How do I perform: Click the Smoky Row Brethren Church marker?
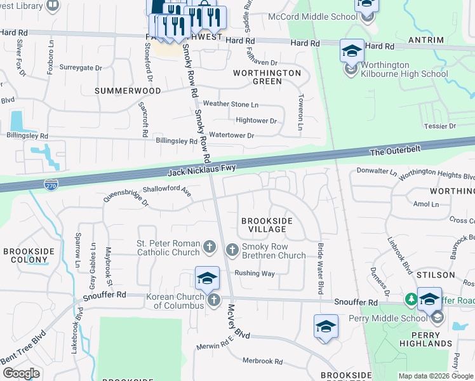[232, 250]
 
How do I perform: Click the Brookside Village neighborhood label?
[267, 225]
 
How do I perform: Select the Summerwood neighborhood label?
[128, 91]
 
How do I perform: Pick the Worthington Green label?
[267, 77]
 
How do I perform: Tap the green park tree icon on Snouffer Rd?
[411, 298]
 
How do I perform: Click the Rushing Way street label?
[255, 273]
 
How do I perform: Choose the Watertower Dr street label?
[232, 135]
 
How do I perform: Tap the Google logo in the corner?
[21, 373]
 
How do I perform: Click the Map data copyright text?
[436, 376]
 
